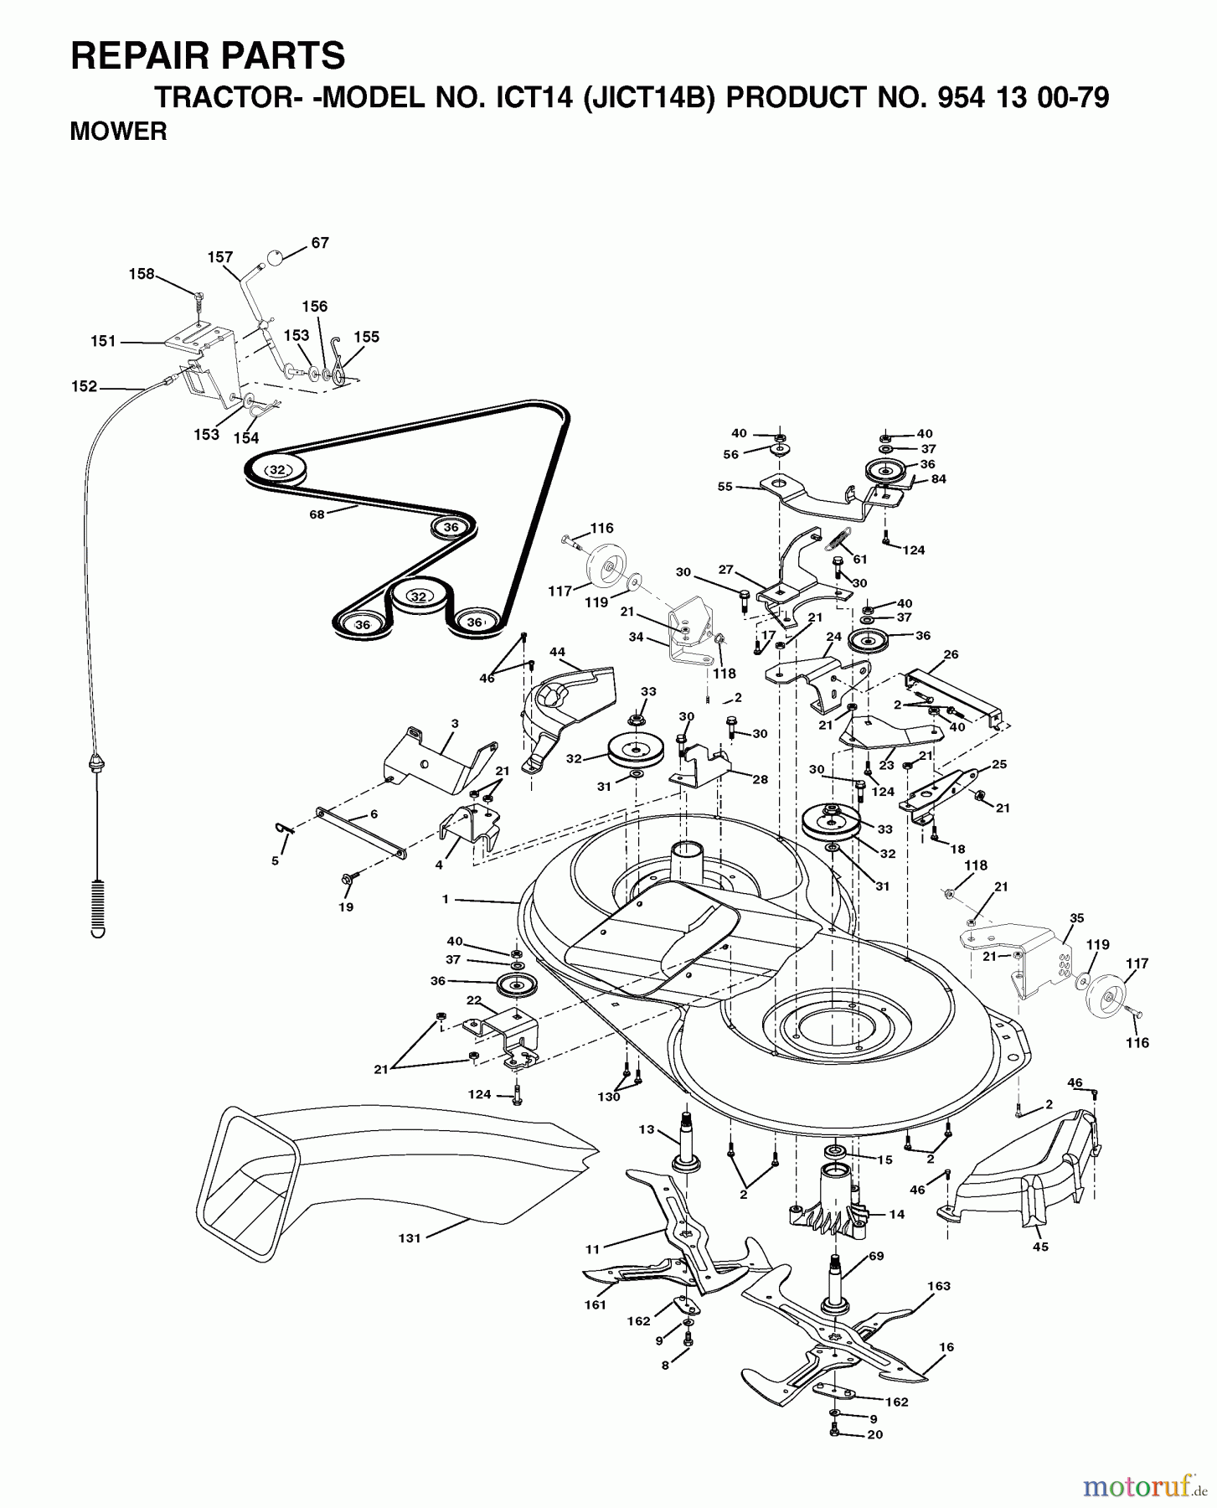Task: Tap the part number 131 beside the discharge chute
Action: [x=409, y=1238]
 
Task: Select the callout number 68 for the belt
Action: [x=317, y=514]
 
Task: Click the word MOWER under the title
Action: [x=118, y=132]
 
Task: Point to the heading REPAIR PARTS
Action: [x=208, y=56]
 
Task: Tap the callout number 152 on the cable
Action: [x=84, y=387]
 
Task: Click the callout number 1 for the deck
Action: [x=446, y=899]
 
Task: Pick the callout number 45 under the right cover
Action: [x=1040, y=1247]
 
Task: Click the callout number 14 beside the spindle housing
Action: [x=896, y=1214]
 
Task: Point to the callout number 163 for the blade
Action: [x=939, y=1286]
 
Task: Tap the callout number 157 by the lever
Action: [x=220, y=257]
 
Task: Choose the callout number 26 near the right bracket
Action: [x=951, y=654]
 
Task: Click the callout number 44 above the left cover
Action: [x=557, y=651]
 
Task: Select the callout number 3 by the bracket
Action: [x=455, y=722]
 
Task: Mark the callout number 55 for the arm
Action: [x=725, y=486]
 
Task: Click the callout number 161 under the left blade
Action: [x=595, y=1304]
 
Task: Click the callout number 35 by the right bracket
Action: [x=1077, y=917]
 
